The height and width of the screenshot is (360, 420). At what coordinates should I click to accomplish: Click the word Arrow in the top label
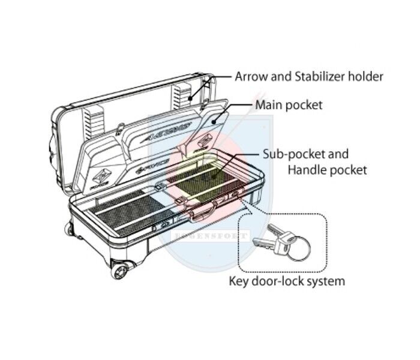(x=251, y=76)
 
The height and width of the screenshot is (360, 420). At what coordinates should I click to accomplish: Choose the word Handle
(x=307, y=170)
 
